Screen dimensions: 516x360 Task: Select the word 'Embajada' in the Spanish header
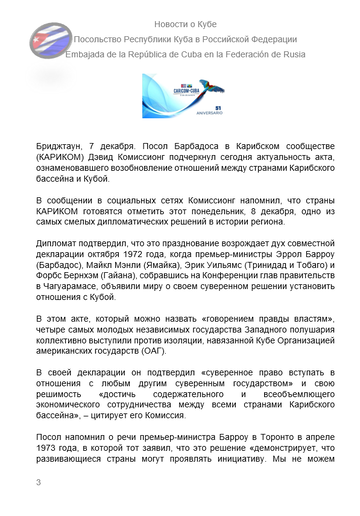tap(88, 55)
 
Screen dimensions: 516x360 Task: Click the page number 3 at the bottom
tap(38, 510)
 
